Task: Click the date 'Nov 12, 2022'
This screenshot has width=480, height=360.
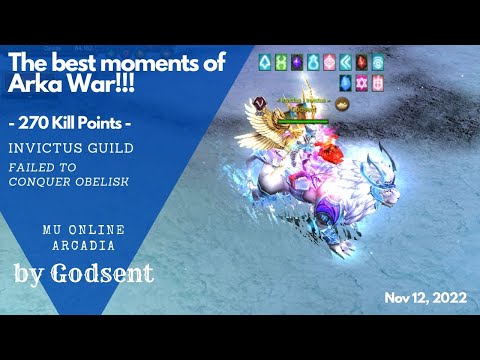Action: coord(422,298)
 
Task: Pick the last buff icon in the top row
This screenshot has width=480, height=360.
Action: coord(377,60)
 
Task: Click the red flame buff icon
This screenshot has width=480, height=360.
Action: coord(361,60)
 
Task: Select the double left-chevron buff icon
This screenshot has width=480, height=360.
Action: coord(345,60)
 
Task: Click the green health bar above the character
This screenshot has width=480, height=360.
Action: coord(304,122)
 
